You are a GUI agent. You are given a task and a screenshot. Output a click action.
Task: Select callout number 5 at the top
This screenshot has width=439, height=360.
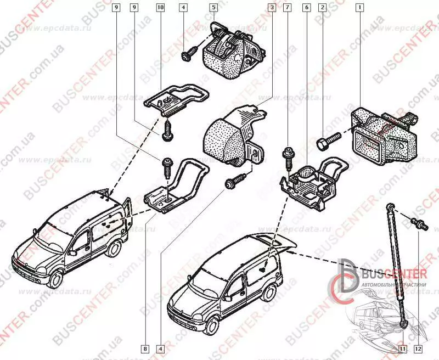click(213, 8)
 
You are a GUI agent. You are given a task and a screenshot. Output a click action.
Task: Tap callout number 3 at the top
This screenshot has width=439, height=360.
click(272, 8)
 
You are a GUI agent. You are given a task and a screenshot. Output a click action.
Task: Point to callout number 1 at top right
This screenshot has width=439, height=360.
click(359, 8)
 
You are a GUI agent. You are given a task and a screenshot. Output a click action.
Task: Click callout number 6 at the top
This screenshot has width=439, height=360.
click(306, 8)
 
